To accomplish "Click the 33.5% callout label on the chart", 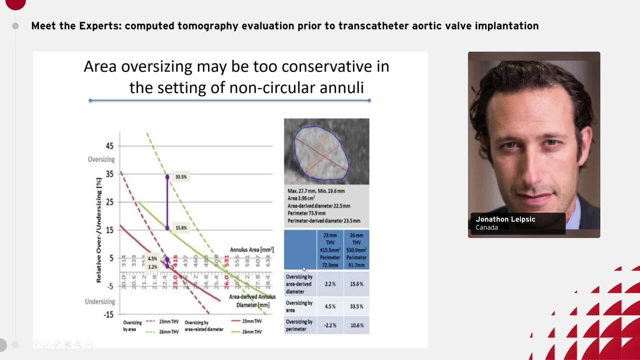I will coord(180,177).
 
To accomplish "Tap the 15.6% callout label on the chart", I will coord(180,228).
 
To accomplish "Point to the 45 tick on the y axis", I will coord(109,146).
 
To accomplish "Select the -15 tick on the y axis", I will coord(108,314).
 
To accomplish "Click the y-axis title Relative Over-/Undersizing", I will coord(99,230).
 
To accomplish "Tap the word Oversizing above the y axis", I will coord(101,159).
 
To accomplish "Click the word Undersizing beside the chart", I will coord(99,301).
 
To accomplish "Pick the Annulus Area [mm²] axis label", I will coord(251,249).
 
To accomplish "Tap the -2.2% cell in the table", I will coord(330,325).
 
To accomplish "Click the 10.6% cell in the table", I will coord(356,325).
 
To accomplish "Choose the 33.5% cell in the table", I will coord(356,306).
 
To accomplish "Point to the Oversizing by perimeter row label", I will coord(299,325).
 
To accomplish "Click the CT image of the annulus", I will coord(326,151).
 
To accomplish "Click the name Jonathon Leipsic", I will coord(505,219).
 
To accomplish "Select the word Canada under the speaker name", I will coord(486,227).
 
